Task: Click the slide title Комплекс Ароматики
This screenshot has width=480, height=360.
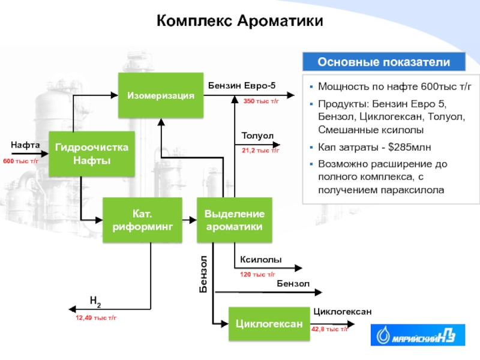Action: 240,22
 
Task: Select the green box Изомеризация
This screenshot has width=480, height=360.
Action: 160,95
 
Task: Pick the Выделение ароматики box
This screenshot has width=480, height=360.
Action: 235,220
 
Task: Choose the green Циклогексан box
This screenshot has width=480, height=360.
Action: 268,324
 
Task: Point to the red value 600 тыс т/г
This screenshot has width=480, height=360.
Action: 21,161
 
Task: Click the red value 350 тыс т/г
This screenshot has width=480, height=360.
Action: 261,101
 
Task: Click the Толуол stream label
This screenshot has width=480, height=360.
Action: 257,136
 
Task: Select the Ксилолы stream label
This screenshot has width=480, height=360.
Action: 261,260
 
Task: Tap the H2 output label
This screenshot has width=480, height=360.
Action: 95,300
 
